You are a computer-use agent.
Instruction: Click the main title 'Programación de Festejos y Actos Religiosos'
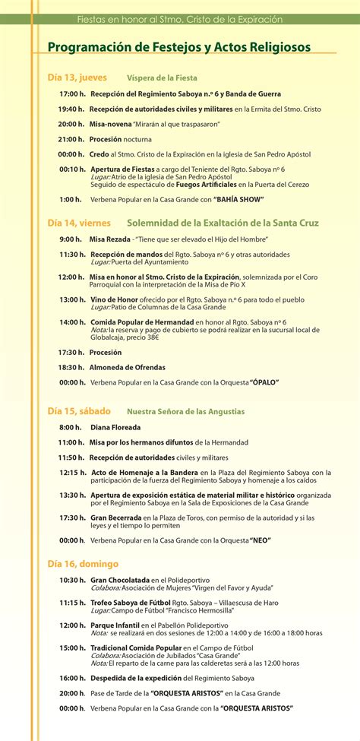tap(179, 47)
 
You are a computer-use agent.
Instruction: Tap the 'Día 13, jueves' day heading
tap(77, 78)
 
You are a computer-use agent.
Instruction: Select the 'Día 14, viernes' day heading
tap(79, 223)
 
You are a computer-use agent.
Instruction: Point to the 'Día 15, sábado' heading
tap(78, 411)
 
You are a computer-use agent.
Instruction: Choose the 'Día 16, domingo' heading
tap(83, 564)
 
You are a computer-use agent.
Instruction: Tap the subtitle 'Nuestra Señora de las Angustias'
tap(186, 411)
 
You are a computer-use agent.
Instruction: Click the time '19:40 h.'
tap(71, 109)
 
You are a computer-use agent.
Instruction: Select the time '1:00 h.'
tap(71, 199)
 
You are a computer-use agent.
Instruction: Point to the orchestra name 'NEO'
tap(260, 540)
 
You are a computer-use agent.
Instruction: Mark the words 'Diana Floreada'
tap(116, 427)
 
